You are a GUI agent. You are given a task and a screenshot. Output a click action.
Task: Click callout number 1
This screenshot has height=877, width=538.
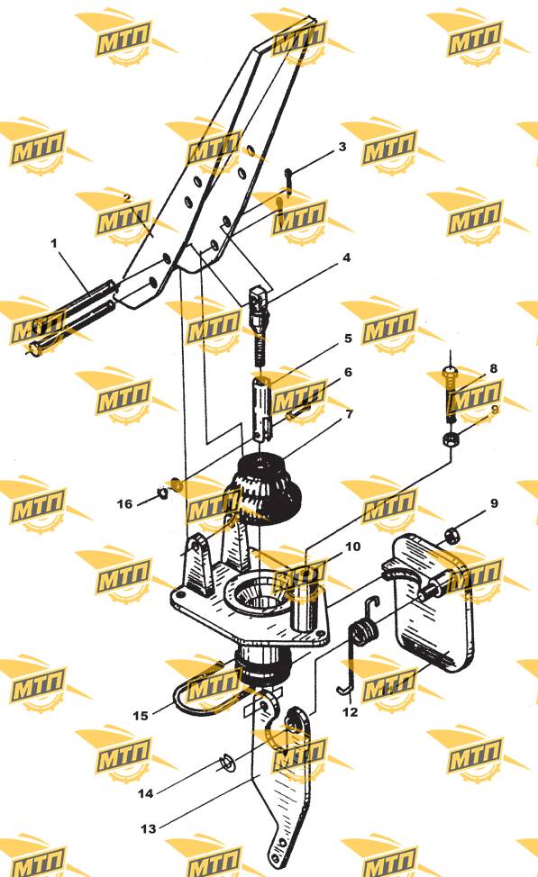pyautogui.click(x=54, y=244)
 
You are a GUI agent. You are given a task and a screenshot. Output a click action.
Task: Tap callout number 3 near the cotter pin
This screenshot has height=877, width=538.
pyautogui.click(x=342, y=147)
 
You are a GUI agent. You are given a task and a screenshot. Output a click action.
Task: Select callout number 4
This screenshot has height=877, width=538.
pyautogui.click(x=347, y=258)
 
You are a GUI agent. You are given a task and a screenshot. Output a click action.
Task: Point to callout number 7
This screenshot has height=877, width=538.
pyautogui.click(x=350, y=414)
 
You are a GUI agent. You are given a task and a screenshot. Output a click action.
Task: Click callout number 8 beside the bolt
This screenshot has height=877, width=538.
pyautogui.click(x=493, y=368)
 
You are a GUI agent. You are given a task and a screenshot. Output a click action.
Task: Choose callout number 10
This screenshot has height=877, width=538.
pyautogui.click(x=352, y=547)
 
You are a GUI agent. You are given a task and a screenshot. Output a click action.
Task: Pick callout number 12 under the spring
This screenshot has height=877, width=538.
pyautogui.click(x=350, y=712)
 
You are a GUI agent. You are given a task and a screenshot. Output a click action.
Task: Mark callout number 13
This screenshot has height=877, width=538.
pyautogui.click(x=149, y=828)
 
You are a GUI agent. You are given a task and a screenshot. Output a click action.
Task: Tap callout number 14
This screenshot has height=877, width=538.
pyautogui.click(x=146, y=793)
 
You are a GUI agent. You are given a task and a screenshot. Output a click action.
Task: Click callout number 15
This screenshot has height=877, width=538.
pyautogui.click(x=141, y=715)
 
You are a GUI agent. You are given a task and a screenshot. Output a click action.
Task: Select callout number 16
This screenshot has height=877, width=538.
pyautogui.click(x=124, y=504)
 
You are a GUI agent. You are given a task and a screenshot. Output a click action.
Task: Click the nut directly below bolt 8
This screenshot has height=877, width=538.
pyautogui.click(x=451, y=439)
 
